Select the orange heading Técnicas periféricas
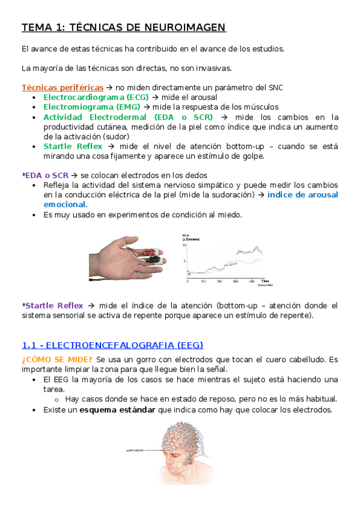63,88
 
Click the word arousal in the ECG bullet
204,97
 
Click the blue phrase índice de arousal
302,195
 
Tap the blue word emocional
65,204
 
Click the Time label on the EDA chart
264,281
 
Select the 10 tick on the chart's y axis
185,246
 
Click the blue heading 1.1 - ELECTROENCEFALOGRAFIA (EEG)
112,345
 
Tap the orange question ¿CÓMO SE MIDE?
57,360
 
